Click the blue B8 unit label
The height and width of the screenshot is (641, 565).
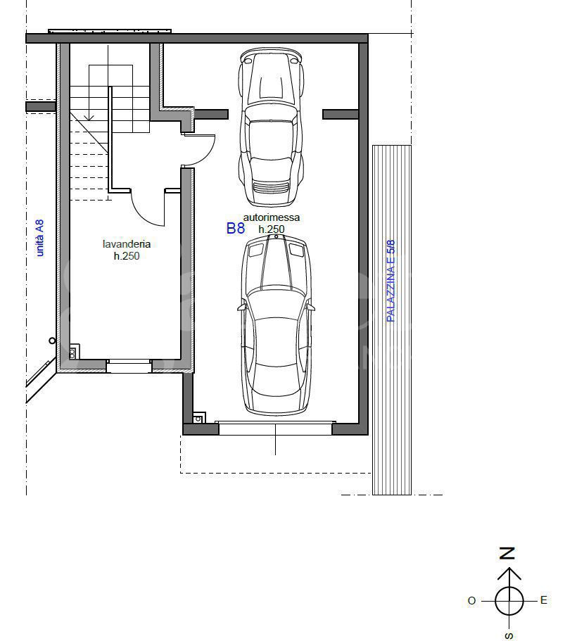236,228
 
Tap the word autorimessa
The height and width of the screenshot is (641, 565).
272,217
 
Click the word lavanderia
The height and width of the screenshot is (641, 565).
127,244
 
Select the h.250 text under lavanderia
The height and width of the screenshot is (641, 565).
127,256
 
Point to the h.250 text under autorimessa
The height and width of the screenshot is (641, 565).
272,229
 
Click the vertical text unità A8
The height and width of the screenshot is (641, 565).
39,238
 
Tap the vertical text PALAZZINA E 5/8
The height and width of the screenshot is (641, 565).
391,281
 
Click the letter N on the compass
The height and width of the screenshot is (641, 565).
507,554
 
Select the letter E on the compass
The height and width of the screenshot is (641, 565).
543,600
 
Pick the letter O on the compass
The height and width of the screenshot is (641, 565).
472,600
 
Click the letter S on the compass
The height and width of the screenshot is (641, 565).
509,635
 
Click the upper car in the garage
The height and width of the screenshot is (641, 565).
272,127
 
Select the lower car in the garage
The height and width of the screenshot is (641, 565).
276,325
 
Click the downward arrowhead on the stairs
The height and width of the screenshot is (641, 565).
89,118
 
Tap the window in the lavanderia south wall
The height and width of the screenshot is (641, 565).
129,366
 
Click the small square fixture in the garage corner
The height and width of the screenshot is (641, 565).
198,419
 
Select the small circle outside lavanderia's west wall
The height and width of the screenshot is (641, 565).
52,341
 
